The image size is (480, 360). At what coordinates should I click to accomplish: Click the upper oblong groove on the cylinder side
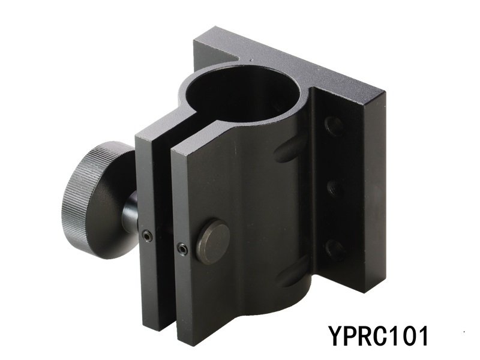point(291,150)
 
